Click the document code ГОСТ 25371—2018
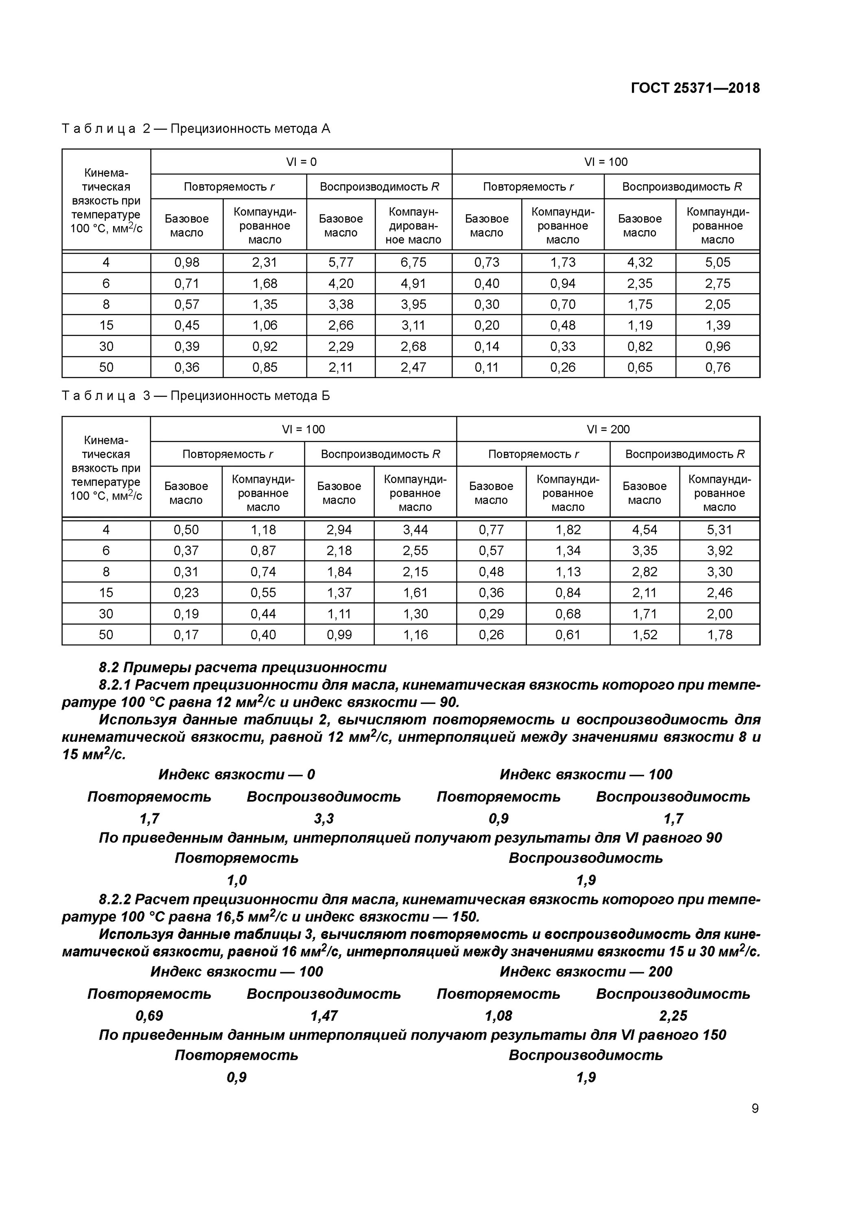click(x=695, y=88)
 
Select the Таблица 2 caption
click(x=196, y=129)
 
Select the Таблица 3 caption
click(x=196, y=396)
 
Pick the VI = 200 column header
click(x=608, y=429)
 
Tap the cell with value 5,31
click(x=719, y=530)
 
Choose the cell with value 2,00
click(x=719, y=614)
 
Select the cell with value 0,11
click(x=487, y=367)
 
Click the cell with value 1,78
click(x=719, y=634)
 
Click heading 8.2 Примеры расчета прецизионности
click(x=243, y=667)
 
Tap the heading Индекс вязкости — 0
click(x=237, y=775)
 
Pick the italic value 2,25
click(x=673, y=1016)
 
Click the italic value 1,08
click(x=498, y=1016)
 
